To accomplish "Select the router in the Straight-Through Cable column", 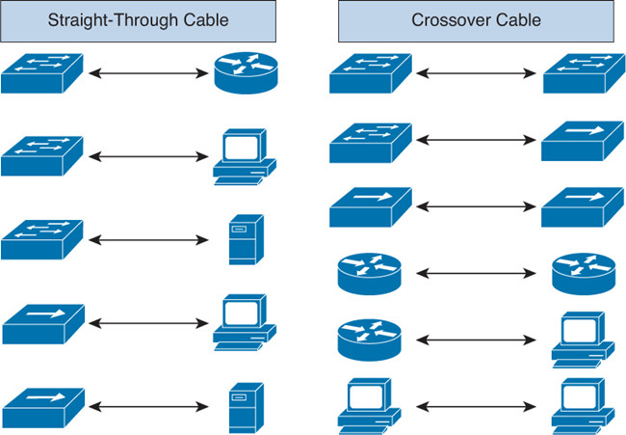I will click(245, 73).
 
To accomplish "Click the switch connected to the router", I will click(42, 73).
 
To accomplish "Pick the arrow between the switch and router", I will click(148, 72).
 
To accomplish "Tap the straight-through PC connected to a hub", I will click(244, 322).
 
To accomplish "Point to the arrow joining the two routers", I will click(477, 273).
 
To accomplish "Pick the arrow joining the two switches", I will click(477, 73).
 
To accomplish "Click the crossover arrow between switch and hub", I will click(477, 141).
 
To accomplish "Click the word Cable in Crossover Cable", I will click(515, 20).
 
